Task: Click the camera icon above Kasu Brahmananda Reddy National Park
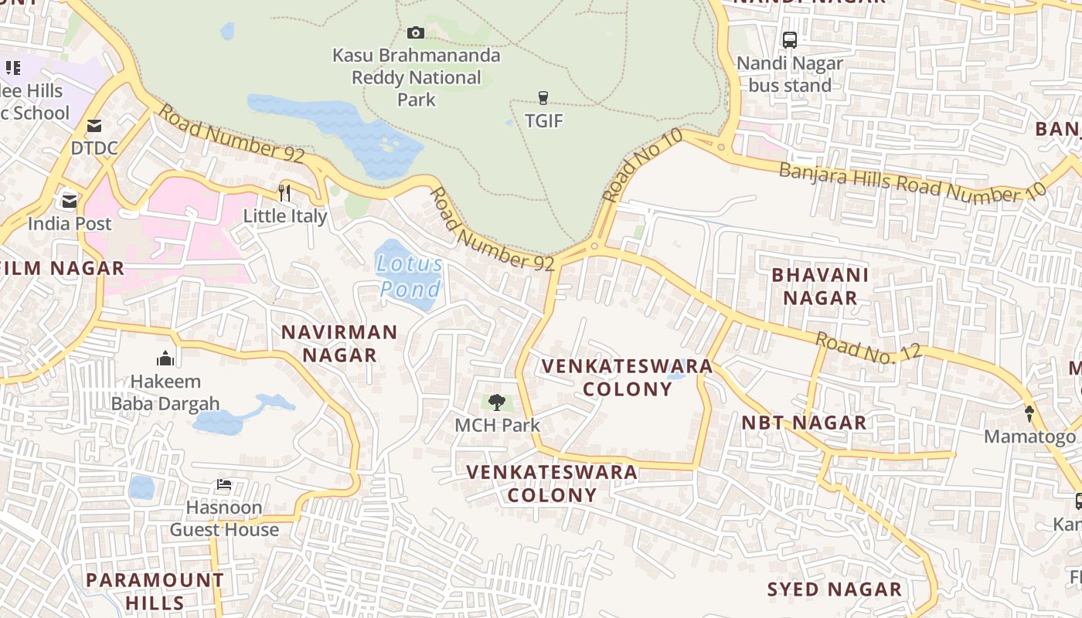[416, 32]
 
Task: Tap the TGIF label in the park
[544, 121]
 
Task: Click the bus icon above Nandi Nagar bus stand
[789, 40]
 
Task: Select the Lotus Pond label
[410, 277]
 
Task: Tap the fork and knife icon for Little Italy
[284, 192]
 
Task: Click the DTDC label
[94, 148]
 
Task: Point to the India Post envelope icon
[70, 201]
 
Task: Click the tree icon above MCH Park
[497, 402]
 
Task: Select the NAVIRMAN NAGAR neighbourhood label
[339, 344]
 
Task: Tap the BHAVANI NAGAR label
[820, 286]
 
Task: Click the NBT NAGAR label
[804, 423]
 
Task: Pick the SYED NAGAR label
[834, 589]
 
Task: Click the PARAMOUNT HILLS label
[155, 591]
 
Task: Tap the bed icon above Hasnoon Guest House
[224, 485]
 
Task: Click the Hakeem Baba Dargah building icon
[165, 358]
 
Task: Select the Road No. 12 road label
[869, 346]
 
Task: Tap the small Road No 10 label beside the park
[642, 165]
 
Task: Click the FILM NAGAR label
[65, 268]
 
